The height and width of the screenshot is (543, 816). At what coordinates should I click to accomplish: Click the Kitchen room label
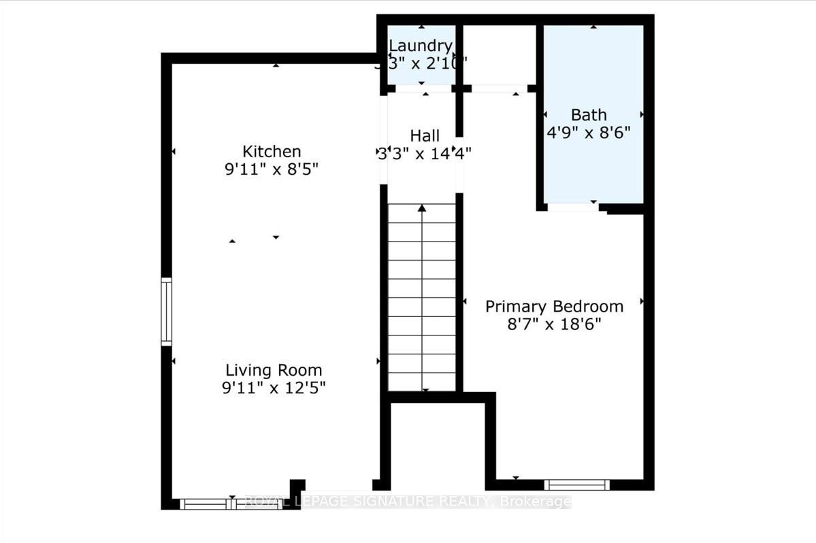point(272,151)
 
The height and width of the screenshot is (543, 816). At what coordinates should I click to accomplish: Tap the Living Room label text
point(274,370)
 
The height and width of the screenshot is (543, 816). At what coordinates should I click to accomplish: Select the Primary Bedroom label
point(554,306)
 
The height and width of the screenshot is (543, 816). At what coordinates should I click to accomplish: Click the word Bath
point(589,114)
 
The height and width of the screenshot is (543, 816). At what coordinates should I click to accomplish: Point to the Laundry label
point(420,46)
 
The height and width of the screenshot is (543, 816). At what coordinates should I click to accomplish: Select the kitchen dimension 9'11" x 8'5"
point(272,169)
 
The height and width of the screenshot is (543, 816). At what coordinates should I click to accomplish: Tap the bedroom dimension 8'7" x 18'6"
point(554,324)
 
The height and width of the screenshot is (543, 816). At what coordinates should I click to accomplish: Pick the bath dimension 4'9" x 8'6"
point(589,132)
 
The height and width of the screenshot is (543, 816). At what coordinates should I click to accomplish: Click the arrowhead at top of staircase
point(422,208)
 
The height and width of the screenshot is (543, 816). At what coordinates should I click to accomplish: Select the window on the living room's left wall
point(166,312)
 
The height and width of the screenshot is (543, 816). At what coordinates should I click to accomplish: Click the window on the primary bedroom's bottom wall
point(576,484)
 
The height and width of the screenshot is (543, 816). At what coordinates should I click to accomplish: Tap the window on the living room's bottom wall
point(231,504)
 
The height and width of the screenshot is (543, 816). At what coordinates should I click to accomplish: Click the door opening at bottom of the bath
point(573,207)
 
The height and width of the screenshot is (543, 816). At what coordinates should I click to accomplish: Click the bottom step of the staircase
point(422,382)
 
